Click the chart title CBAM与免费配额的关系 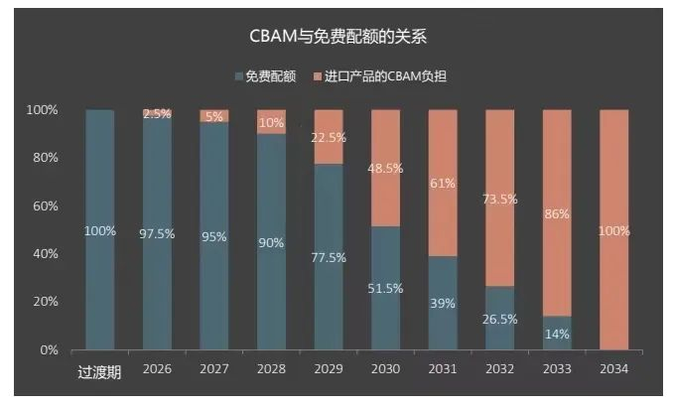tap(337, 38)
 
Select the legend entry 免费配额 tap(263, 76)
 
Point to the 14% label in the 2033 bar tap(557, 334)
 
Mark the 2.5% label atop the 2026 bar tap(157, 114)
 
